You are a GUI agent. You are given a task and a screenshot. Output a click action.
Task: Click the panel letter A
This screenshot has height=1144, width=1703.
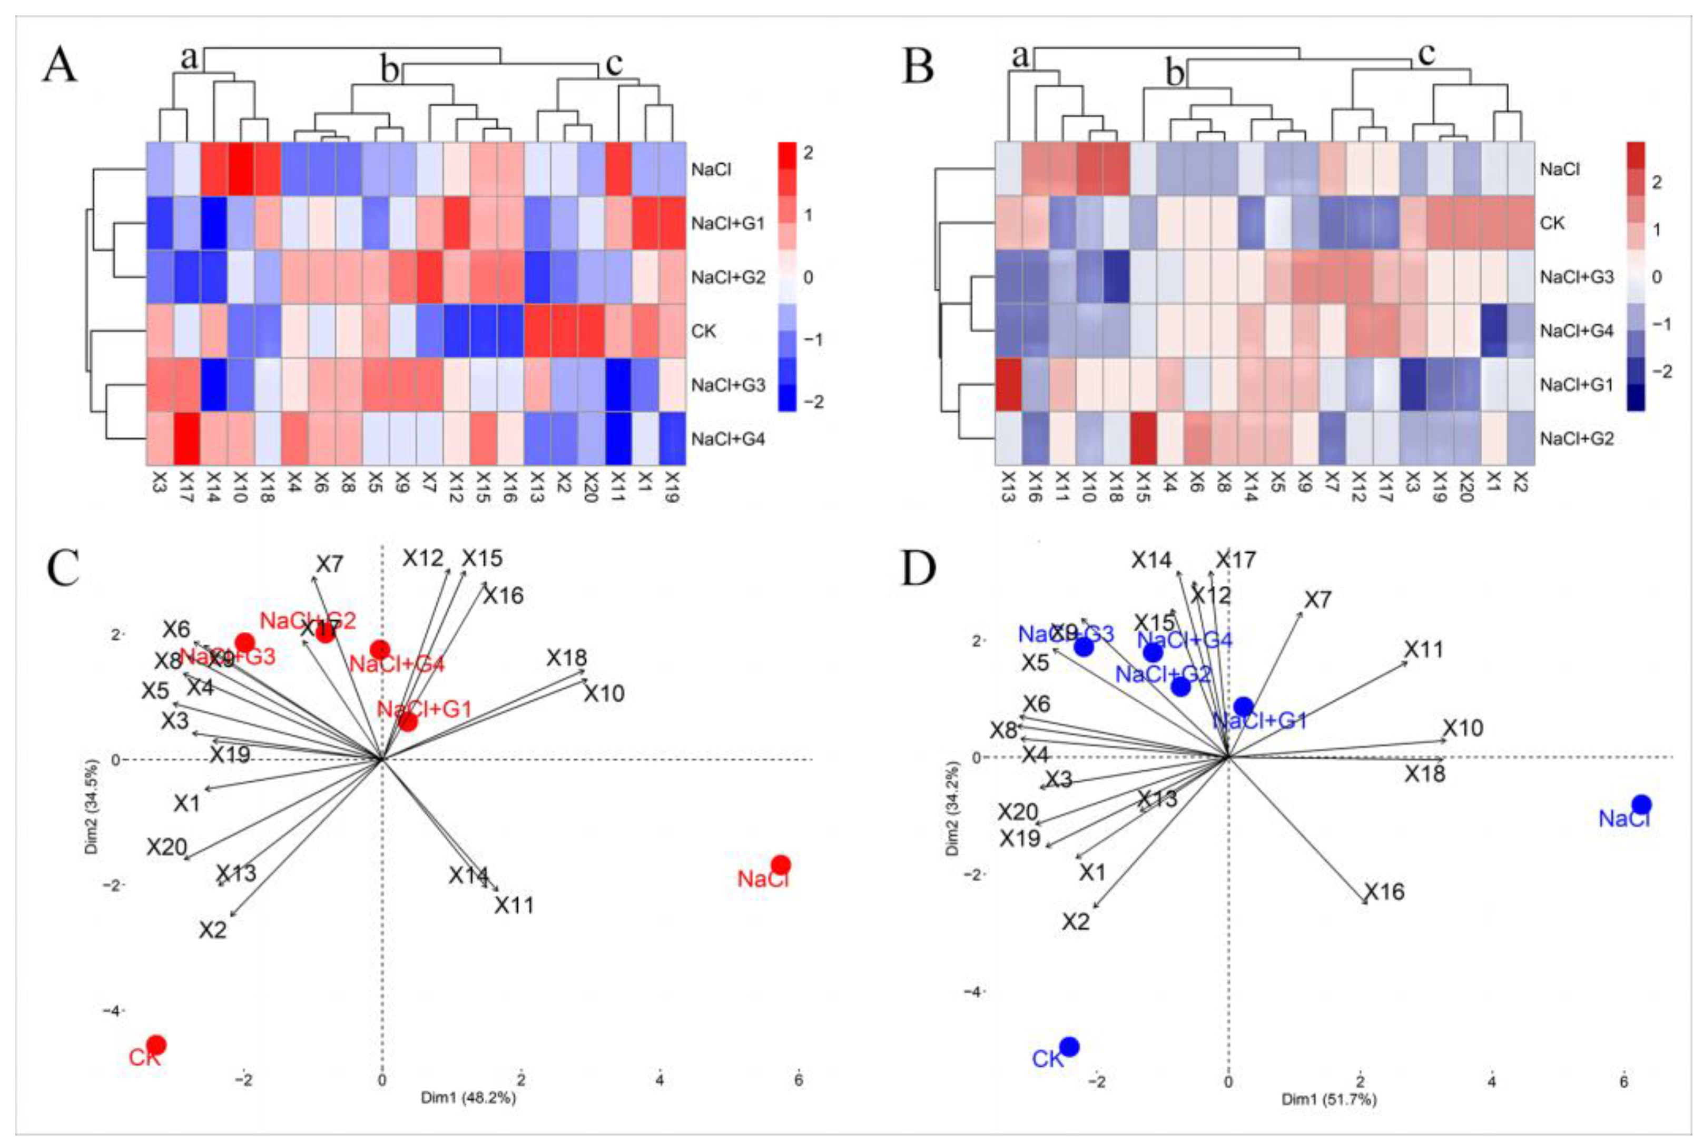(60, 66)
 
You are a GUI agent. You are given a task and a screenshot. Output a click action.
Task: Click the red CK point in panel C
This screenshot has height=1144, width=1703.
(156, 1046)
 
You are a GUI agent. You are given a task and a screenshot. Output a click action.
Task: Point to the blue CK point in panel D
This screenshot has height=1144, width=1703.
(1069, 1047)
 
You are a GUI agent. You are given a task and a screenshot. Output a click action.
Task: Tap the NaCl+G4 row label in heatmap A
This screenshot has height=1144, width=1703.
(728, 439)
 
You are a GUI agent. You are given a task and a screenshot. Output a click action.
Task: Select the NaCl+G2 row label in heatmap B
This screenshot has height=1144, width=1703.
(1577, 439)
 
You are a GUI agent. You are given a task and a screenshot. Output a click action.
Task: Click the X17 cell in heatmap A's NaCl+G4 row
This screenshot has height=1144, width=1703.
(187, 439)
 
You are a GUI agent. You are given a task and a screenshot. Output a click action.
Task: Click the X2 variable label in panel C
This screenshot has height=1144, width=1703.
(213, 930)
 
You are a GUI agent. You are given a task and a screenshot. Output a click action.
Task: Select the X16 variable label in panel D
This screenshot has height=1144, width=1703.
(1384, 891)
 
